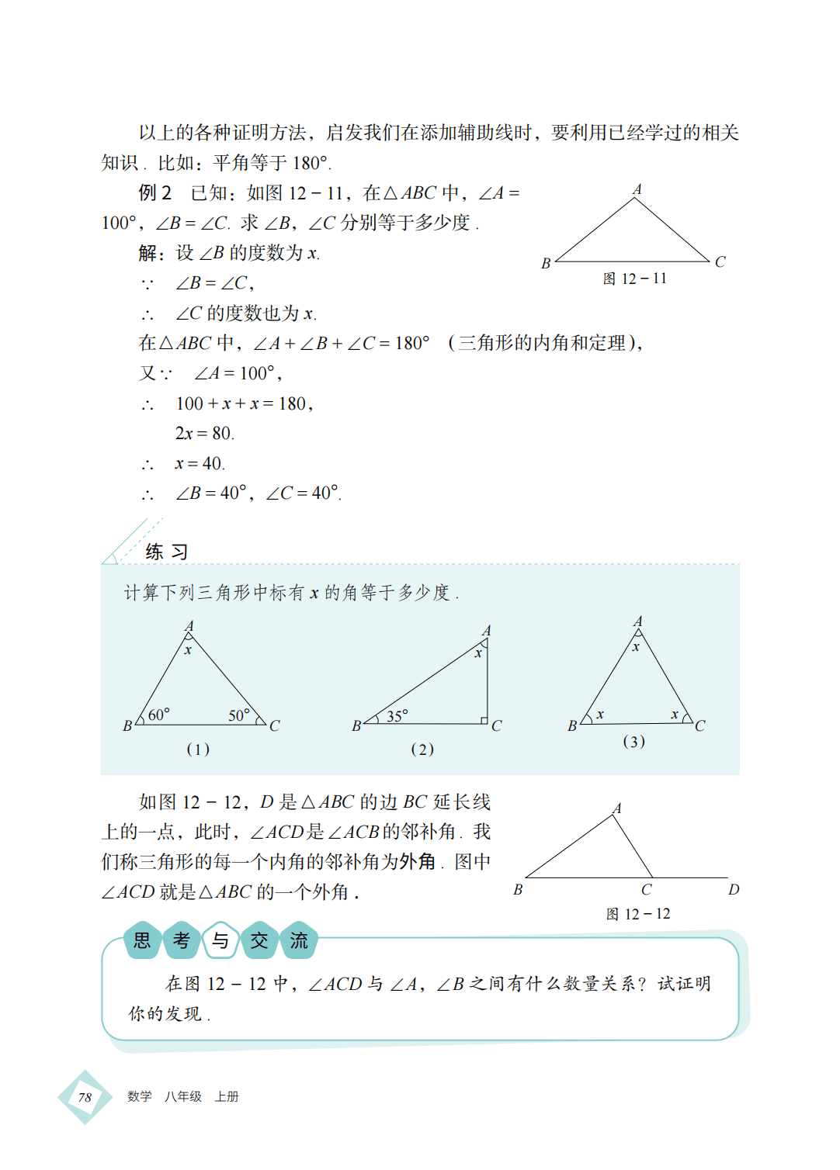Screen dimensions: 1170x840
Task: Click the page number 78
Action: pos(85,1097)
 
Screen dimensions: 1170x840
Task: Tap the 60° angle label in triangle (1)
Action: pos(158,715)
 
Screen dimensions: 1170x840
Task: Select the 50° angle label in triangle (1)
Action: pos(238,715)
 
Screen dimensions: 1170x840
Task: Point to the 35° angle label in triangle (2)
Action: pos(397,715)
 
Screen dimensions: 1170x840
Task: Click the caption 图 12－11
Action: pos(634,279)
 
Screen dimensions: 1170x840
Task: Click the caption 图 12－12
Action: pos(637,914)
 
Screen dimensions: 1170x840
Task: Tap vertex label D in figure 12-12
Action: pos(734,889)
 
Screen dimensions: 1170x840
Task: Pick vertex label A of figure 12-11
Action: pos(637,189)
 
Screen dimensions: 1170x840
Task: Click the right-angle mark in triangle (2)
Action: pos(484,720)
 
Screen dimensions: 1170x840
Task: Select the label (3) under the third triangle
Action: pos(633,742)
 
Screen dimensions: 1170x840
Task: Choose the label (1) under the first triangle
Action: pos(198,749)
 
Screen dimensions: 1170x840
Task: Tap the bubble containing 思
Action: pos(143,941)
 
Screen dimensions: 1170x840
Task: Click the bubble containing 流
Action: pos(299,941)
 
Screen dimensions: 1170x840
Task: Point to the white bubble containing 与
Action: pos(220,941)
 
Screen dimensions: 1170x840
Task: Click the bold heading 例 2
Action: pos(155,192)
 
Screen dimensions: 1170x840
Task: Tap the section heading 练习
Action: pos(166,552)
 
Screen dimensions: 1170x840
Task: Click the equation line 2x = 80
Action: pos(204,433)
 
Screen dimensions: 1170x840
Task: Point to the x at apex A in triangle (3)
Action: pos(636,647)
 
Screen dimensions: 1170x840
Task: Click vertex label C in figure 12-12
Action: pos(646,890)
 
